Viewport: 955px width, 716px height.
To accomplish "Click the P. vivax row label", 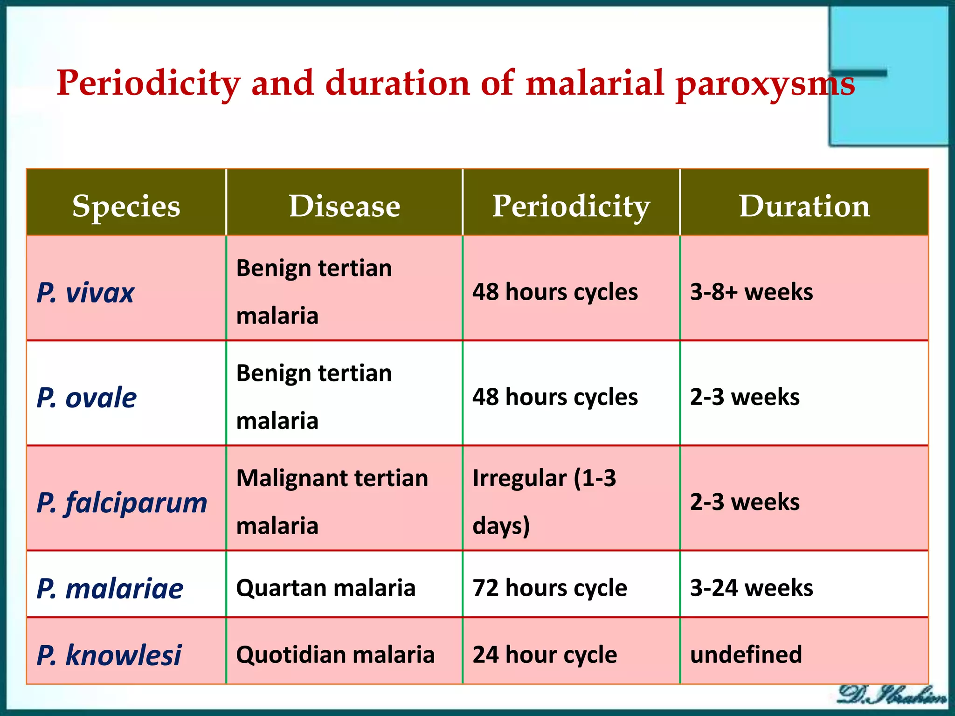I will (x=86, y=293).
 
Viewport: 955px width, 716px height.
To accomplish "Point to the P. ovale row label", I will (x=87, y=398).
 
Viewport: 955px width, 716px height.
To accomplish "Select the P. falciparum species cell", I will (x=122, y=503).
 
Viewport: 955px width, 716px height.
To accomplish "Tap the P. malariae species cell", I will (x=110, y=588).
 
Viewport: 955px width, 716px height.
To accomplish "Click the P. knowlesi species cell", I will (x=109, y=655).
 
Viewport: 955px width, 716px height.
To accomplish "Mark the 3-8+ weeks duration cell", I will (x=751, y=292).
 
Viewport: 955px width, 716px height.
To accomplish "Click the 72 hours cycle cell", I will (x=550, y=588).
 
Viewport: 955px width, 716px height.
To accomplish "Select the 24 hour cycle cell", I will (x=545, y=654).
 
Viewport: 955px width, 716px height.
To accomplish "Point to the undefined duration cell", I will (x=746, y=654).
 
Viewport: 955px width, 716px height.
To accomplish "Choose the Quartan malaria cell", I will (x=325, y=588).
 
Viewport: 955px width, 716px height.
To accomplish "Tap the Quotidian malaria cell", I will (x=335, y=654).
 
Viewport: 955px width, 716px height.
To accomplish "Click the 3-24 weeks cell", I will (x=751, y=588).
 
